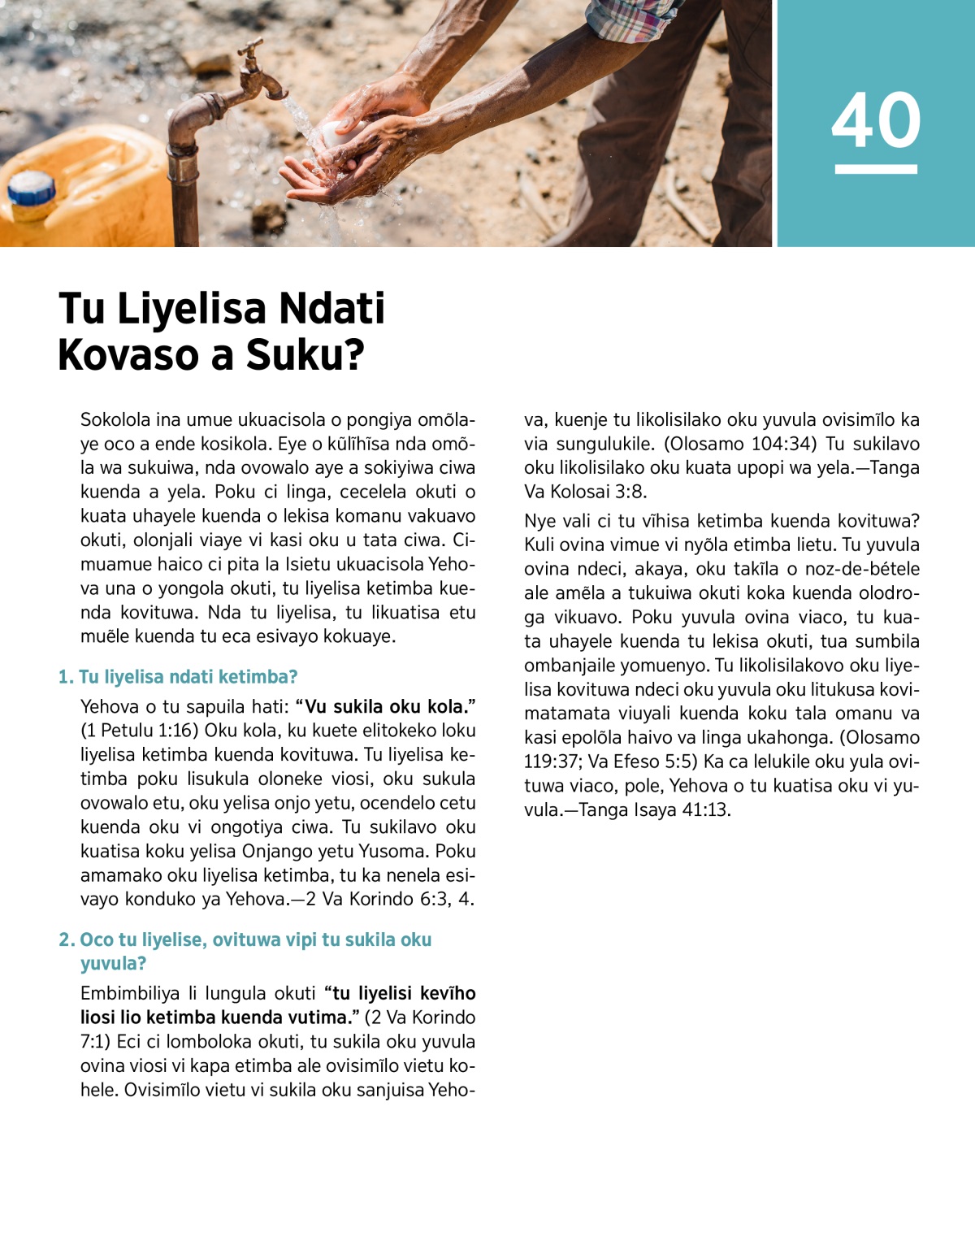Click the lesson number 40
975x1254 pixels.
click(876, 120)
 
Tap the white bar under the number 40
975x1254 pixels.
click(876, 169)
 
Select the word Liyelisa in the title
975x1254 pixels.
click(192, 309)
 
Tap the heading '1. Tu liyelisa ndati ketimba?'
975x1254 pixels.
click(178, 676)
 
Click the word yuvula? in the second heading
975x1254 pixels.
click(113, 963)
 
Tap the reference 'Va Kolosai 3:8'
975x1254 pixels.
click(585, 492)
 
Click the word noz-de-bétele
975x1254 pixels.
click(862, 569)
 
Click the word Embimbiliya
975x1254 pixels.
click(129, 993)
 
